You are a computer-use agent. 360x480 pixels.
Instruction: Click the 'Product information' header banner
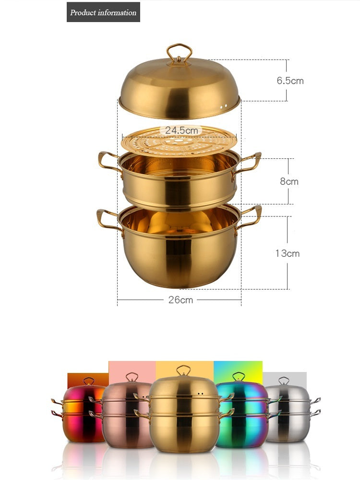click(x=103, y=12)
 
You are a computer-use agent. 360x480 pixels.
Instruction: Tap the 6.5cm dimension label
click(x=290, y=81)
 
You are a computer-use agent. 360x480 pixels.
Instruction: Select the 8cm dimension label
click(x=289, y=181)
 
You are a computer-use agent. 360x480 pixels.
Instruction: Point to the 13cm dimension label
click(x=287, y=253)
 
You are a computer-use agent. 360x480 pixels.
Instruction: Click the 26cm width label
click(x=180, y=300)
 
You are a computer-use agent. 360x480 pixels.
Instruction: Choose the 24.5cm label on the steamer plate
click(x=181, y=130)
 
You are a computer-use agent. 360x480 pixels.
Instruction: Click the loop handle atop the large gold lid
click(x=180, y=53)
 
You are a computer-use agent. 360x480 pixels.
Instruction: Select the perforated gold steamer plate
click(x=179, y=141)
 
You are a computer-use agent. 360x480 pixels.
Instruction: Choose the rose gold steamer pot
click(x=124, y=415)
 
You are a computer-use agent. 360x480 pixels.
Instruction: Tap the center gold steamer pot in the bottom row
click(x=182, y=415)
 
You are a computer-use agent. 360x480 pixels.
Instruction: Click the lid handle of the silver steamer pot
click(x=284, y=381)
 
